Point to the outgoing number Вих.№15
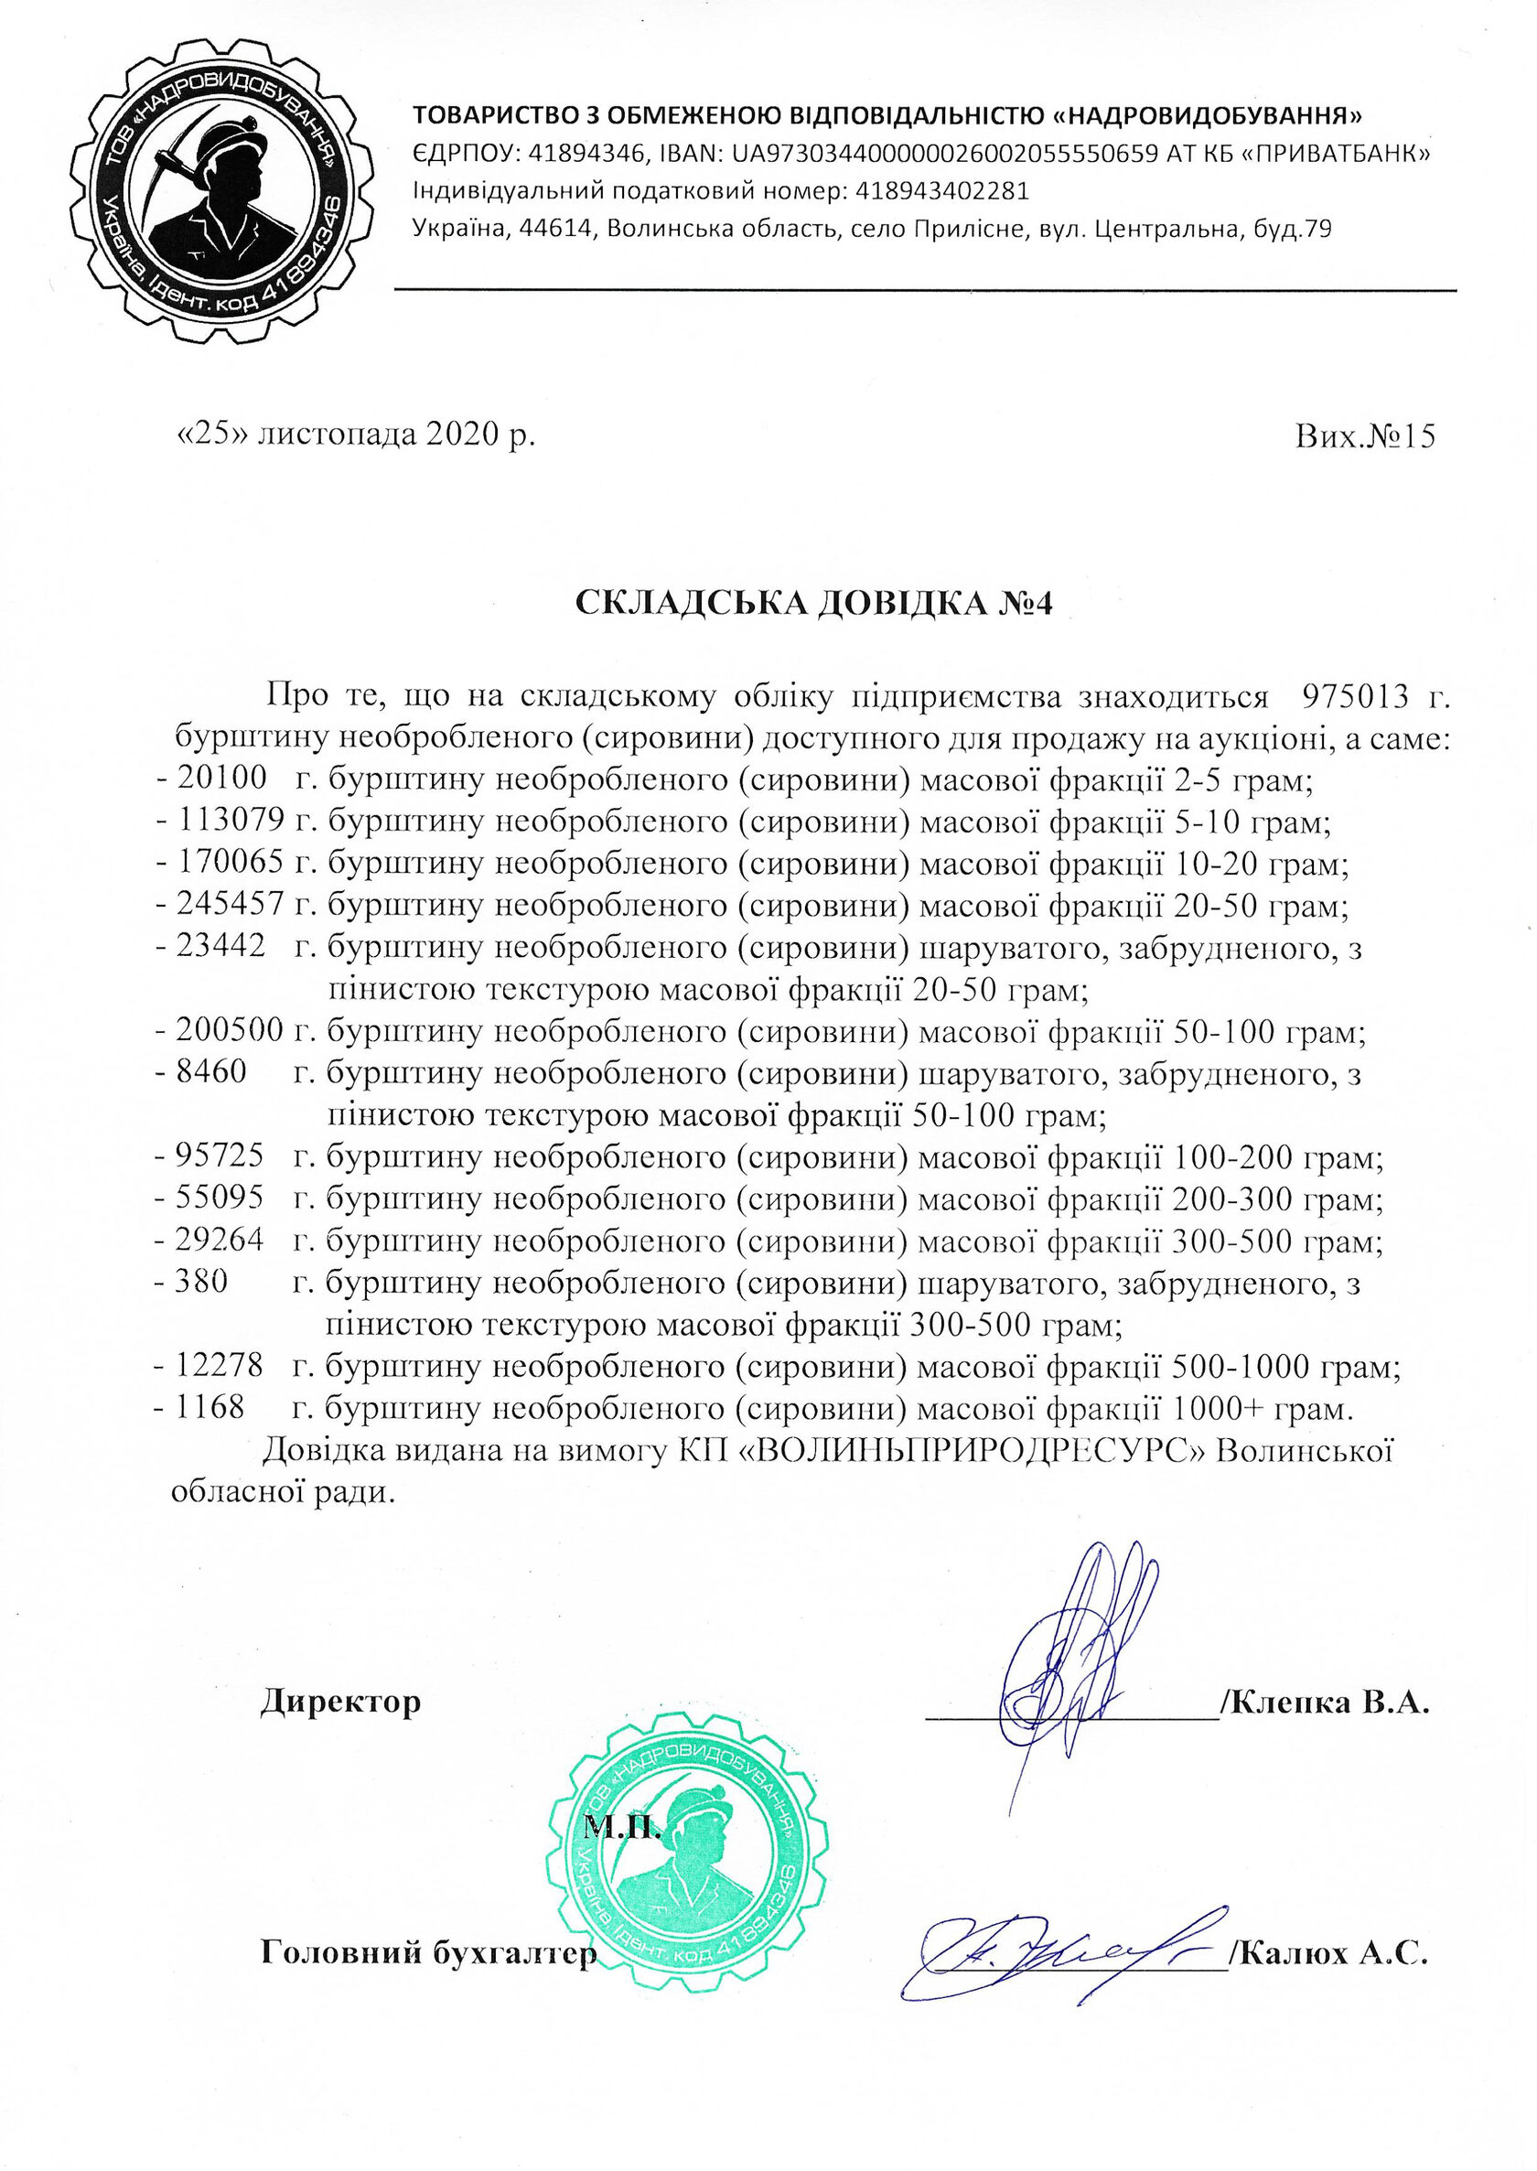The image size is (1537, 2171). click(x=1366, y=436)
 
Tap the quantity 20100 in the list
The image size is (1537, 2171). click(x=222, y=779)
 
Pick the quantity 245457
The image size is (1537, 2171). click(x=231, y=906)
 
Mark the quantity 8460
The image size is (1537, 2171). click(x=212, y=1072)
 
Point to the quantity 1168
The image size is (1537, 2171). click(x=210, y=1407)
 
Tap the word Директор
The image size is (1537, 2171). click(x=340, y=1703)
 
